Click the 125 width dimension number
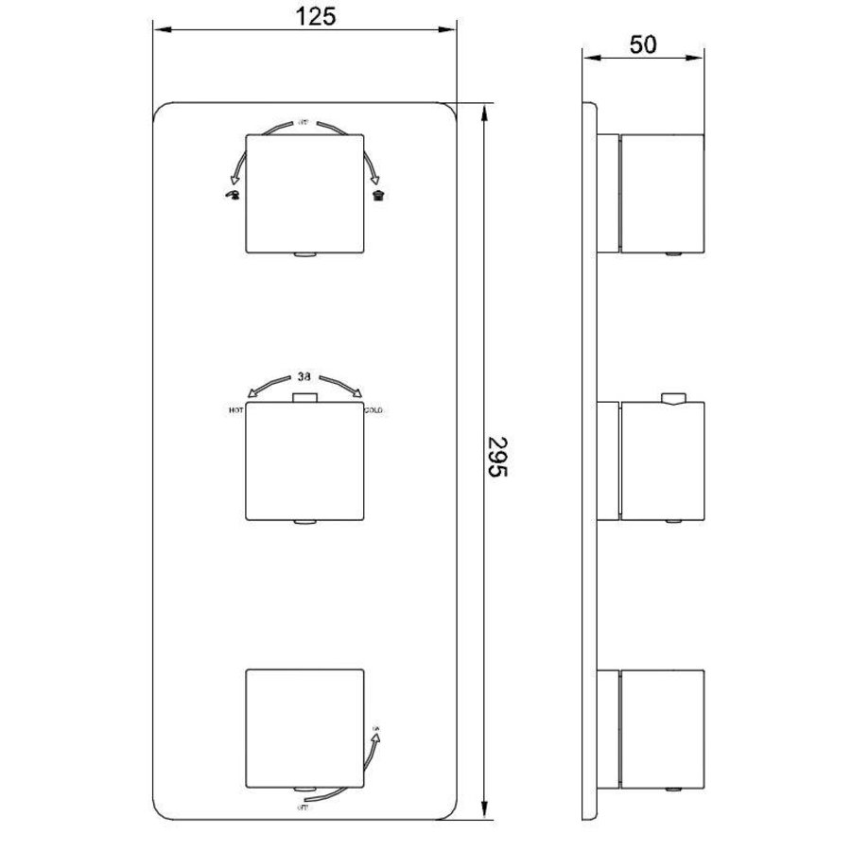coord(305,16)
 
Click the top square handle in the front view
coord(304,193)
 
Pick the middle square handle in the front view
coord(304,462)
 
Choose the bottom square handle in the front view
coord(304,728)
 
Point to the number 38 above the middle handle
coord(304,375)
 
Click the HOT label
coord(235,411)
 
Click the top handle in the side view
coord(662,193)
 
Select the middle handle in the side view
coord(662,461)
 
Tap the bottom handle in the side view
coord(662,728)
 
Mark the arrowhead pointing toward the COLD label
coord(359,395)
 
